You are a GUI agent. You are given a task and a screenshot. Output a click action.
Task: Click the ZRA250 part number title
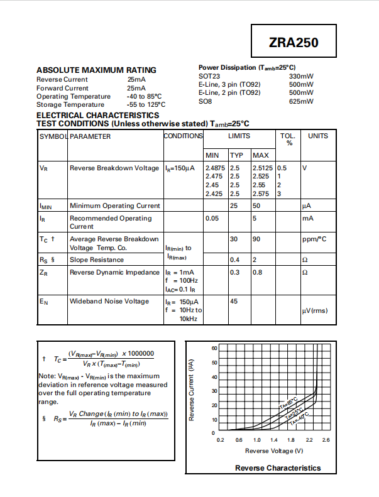pyautogui.click(x=293, y=43)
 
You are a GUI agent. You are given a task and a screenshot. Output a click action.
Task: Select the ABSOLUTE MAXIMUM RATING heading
pyautogui.click(x=96, y=70)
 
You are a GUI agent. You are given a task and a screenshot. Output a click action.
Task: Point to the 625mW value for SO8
pyautogui.click(x=301, y=101)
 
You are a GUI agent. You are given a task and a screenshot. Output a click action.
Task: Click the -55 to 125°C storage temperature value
pyautogui.click(x=146, y=105)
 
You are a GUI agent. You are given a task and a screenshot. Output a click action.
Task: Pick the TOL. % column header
pyautogui.click(x=287, y=139)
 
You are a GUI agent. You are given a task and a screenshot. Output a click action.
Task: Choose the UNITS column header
pyautogui.click(x=317, y=136)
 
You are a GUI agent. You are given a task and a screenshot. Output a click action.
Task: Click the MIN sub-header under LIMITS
pyautogui.click(x=212, y=155)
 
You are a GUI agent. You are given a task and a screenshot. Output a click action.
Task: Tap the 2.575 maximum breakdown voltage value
pyautogui.click(x=261, y=194)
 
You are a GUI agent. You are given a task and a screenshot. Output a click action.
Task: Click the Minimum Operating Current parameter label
pyautogui.click(x=115, y=205)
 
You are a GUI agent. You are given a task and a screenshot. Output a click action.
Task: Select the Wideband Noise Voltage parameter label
pyautogui.click(x=109, y=302)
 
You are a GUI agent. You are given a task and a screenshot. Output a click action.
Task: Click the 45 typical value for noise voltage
pyautogui.click(x=234, y=302)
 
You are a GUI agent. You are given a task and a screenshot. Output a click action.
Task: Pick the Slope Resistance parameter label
pyautogui.click(x=97, y=259)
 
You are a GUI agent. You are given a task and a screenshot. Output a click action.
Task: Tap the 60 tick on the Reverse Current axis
pyautogui.click(x=214, y=348)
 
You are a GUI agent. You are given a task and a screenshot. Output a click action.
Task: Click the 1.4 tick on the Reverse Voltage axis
pyautogui.click(x=274, y=440)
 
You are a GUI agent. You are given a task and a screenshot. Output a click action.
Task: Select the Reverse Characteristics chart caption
pyautogui.click(x=278, y=468)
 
